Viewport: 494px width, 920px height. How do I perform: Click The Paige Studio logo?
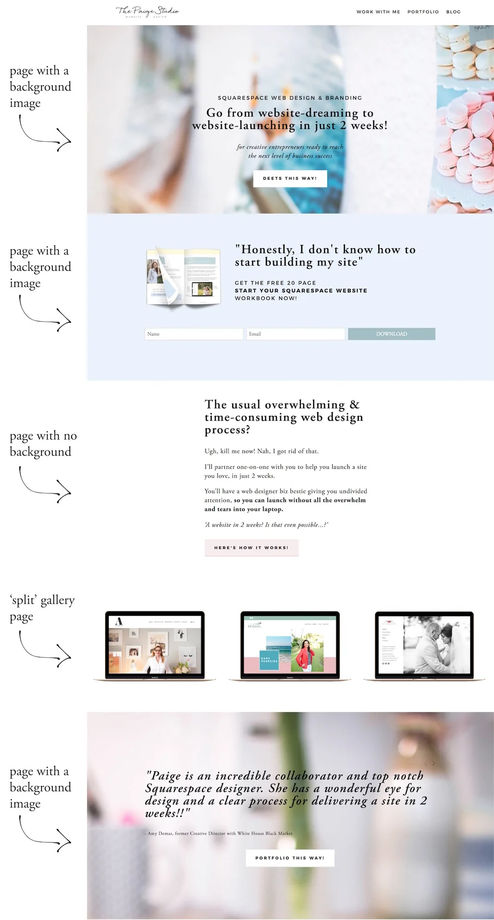click(147, 11)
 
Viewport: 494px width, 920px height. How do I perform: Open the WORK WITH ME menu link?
click(378, 12)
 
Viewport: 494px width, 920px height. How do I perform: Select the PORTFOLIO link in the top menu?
click(423, 12)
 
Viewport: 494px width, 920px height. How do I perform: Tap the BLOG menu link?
click(453, 12)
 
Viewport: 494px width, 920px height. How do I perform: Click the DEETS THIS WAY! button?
click(290, 178)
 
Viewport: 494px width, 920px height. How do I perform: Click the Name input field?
click(194, 334)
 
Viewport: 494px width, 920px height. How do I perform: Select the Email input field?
click(295, 334)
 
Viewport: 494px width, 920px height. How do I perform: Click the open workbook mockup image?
click(184, 277)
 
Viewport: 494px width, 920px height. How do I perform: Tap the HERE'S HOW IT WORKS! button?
click(251, 548)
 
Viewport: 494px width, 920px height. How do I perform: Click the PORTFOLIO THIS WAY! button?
click(290, 858)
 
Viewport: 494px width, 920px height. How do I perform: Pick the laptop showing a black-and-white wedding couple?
click(424, 646)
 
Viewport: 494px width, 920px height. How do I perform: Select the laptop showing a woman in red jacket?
click(290, 646)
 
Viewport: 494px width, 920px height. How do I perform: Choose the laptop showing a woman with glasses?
click(155, 646)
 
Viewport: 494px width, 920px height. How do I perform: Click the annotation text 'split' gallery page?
click(42, 608)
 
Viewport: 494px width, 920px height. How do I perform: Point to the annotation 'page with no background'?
click(43, 443)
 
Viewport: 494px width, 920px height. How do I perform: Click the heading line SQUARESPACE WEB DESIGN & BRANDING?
click(290, 98)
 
